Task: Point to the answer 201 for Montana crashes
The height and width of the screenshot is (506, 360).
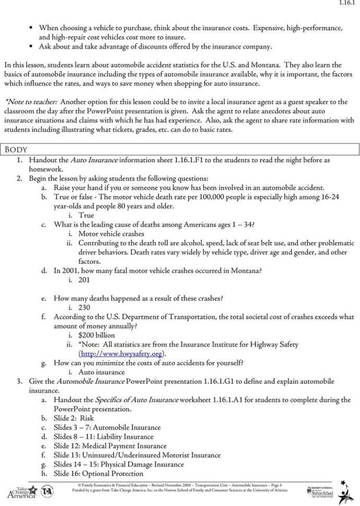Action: coord(84,280)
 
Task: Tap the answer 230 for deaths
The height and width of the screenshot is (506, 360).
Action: coord(84,307)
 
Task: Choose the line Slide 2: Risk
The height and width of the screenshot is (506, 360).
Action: coord(74,418)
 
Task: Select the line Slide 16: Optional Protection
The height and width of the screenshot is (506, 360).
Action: coord(98,473)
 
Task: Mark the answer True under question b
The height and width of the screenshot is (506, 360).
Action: coord(86,215)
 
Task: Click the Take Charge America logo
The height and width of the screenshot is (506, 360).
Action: coord(22,491)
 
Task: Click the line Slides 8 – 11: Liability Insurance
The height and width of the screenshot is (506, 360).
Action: coord(103,437)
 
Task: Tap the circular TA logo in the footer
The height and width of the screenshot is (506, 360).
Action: coord(46,490)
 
